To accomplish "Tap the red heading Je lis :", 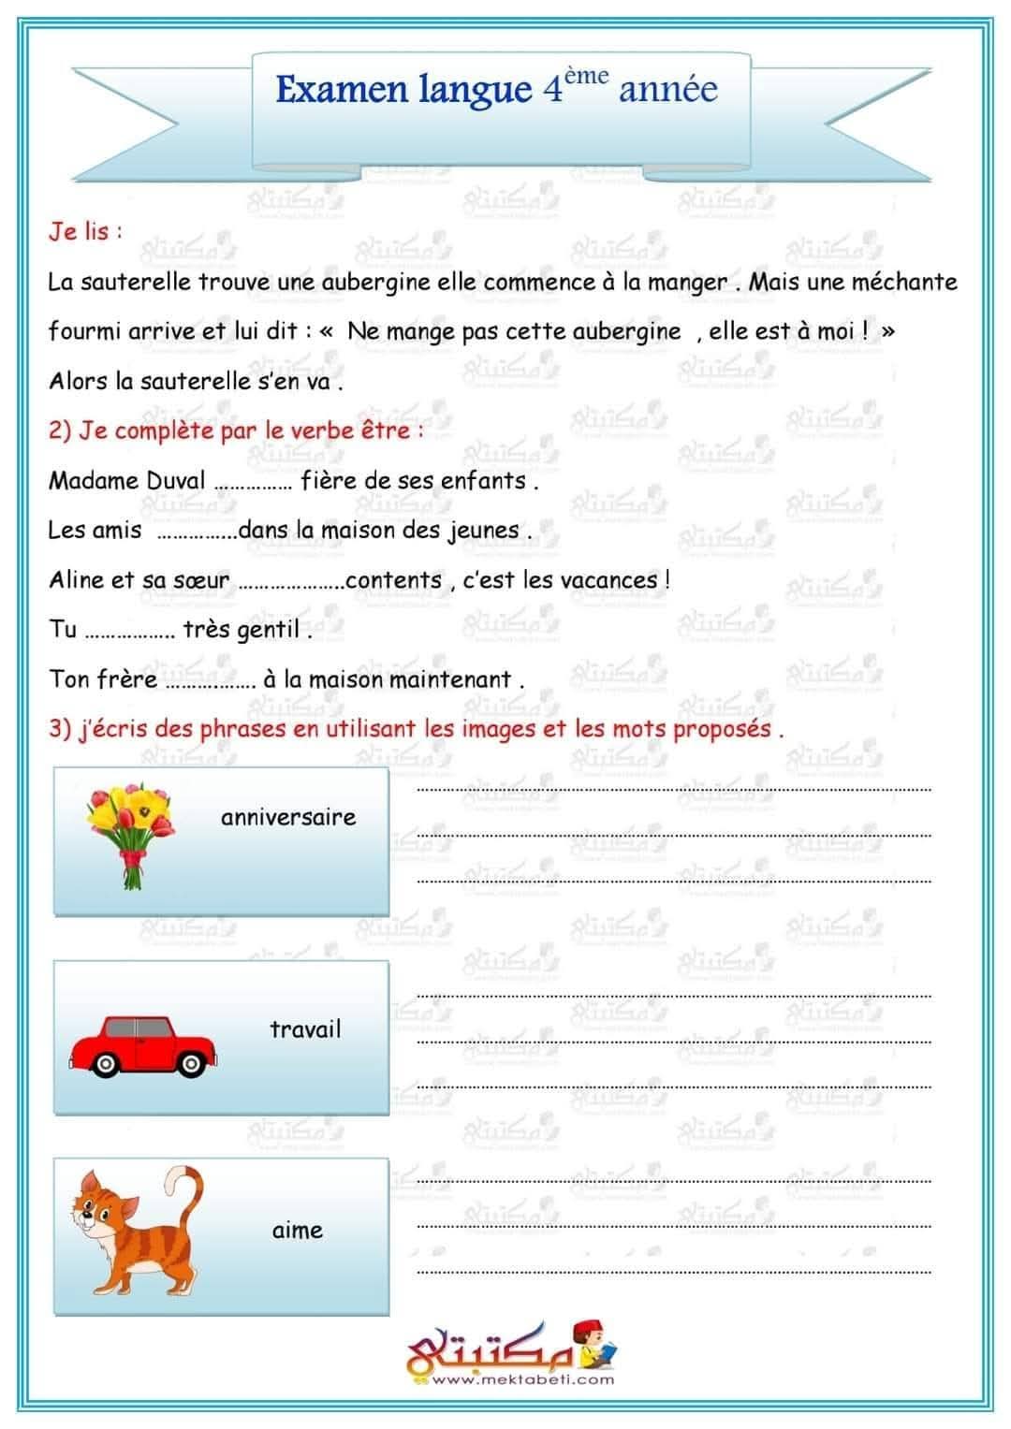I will pos(85,231).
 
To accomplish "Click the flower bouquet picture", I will pos(129,833).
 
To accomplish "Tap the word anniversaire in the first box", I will pos(288,817).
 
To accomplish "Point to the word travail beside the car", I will pos(305,1029).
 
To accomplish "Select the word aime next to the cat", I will pos(298,1231).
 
